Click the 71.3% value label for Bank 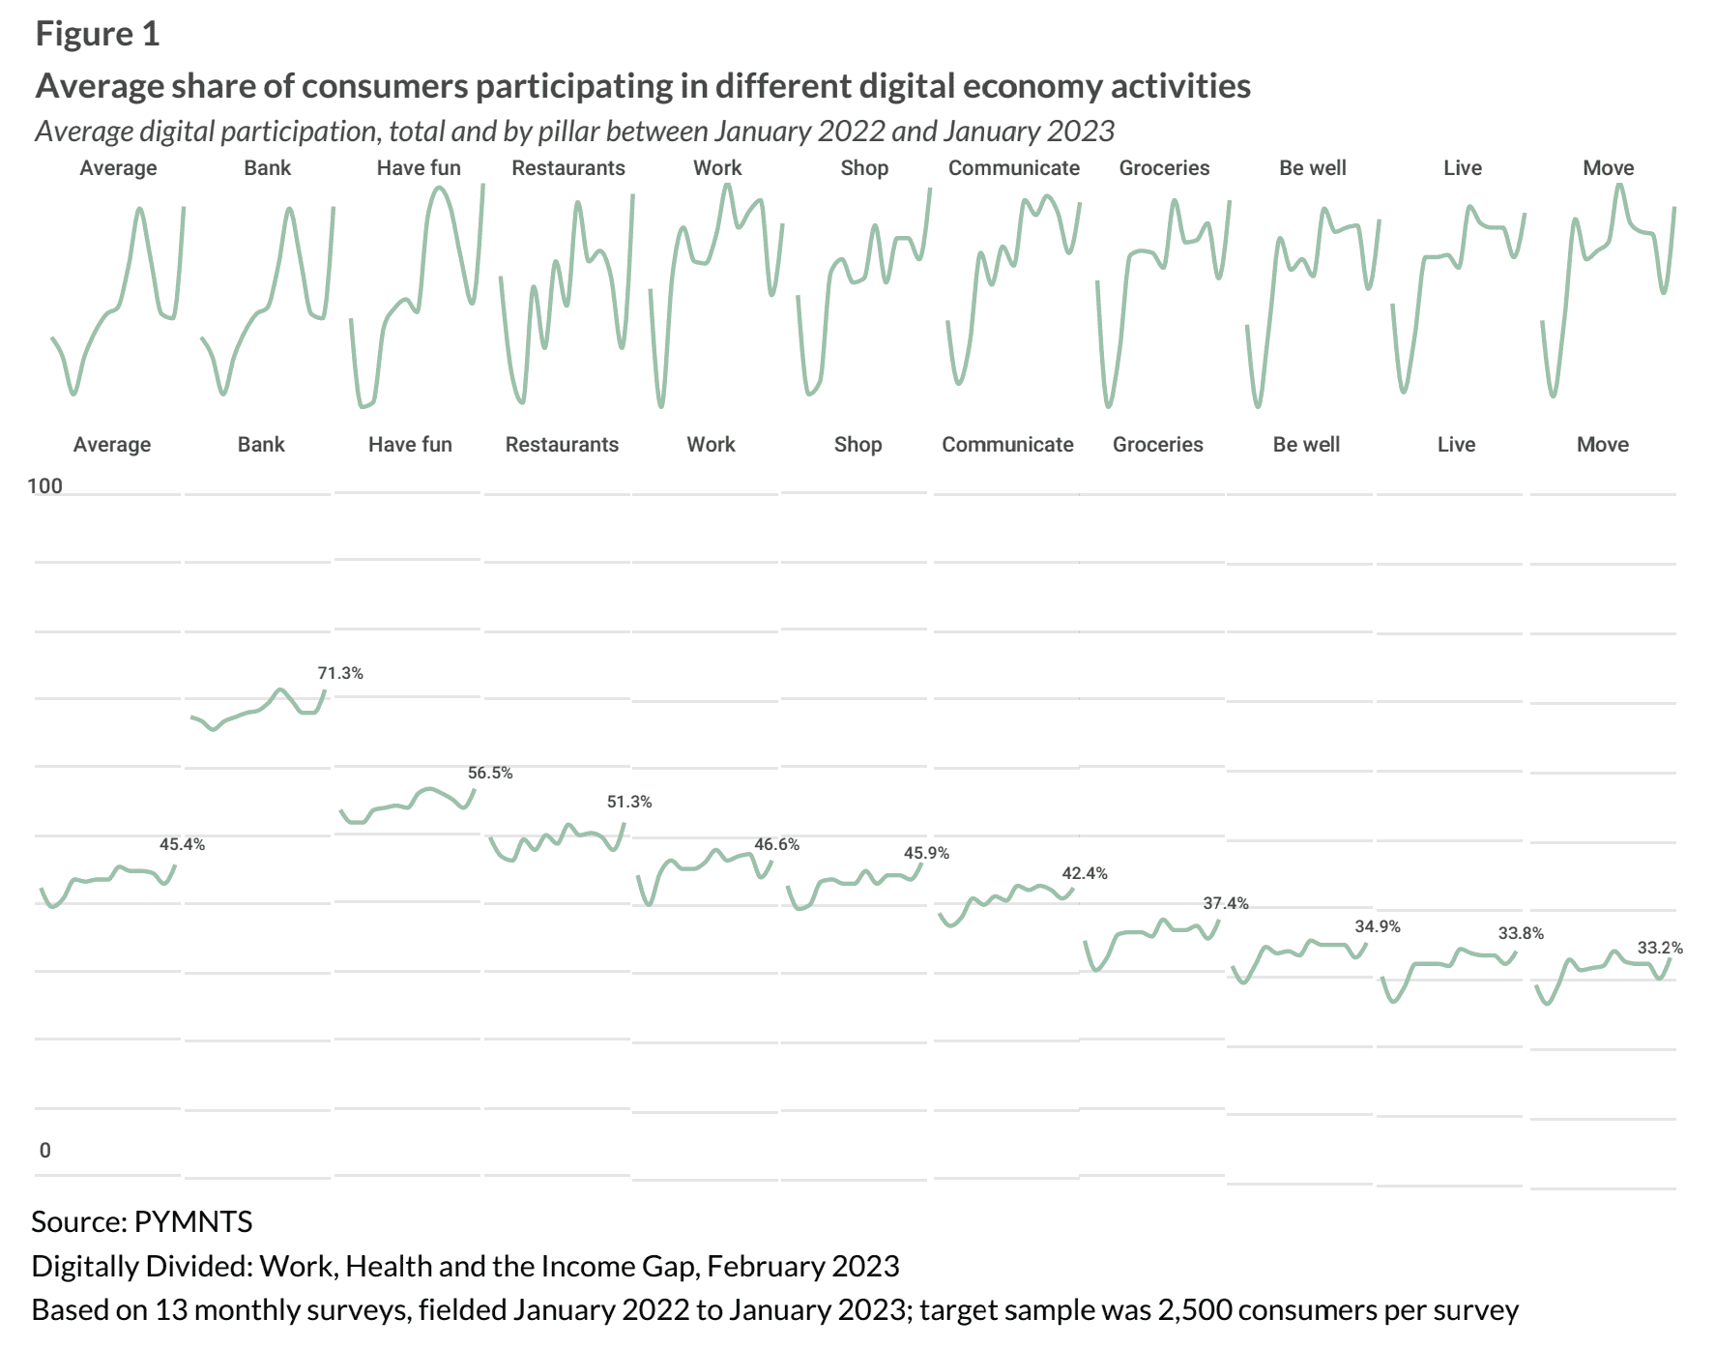coord(340,673)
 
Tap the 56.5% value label coord(490,773)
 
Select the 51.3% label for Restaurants coord(629,802)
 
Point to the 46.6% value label coord(777,844)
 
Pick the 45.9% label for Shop coord(926,853)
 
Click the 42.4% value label coord(1085,873)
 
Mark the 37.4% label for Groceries coord(1226,903)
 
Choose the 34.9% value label coord(1378,926)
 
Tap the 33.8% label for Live coord(1521,933)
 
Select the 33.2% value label coord(1660,948)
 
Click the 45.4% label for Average coord(182,844)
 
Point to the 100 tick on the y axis coord(44,485)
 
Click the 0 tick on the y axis coord(44,1150)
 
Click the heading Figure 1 coord(98,34)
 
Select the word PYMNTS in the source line coord(193,1221)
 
